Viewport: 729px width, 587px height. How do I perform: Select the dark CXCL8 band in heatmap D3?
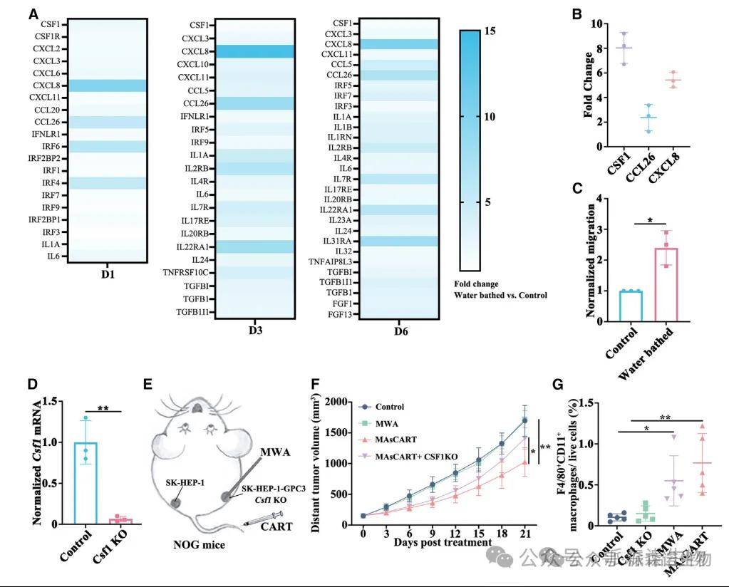click(254, 51)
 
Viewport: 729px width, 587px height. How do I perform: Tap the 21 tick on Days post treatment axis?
click(526, 532)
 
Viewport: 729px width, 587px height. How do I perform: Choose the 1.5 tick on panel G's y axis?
click(589, 402)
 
